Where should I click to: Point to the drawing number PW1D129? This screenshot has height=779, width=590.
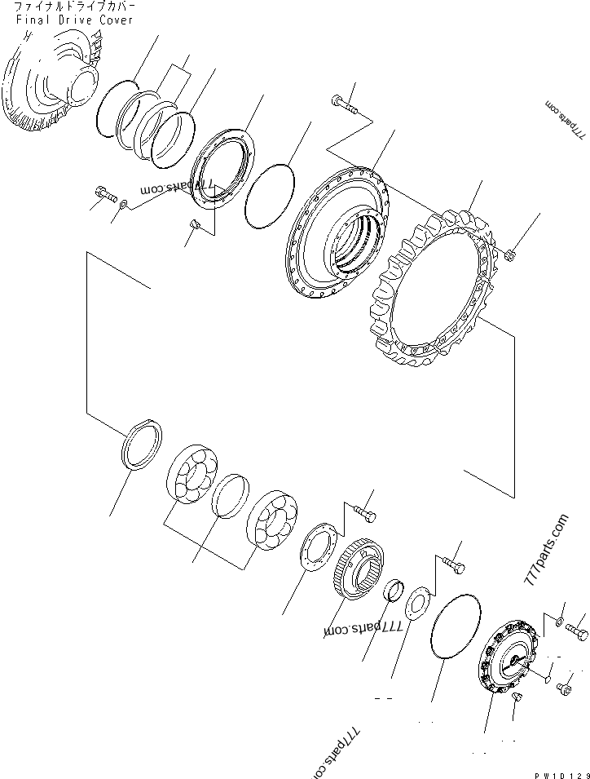(x=562, y=770)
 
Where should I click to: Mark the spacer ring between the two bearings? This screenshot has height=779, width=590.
(x=231, y=496)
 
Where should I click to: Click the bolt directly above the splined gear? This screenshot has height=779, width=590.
(x=366, y=514)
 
